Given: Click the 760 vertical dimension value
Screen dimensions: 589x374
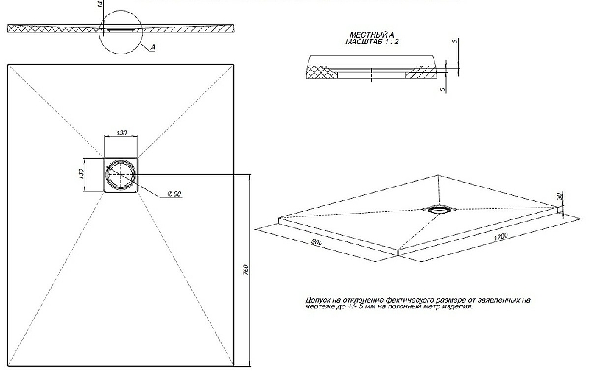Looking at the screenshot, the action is coord(246,269).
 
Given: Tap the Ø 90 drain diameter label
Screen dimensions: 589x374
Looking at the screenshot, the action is coord(174,194).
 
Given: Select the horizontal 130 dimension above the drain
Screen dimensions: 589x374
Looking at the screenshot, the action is coord(121,133).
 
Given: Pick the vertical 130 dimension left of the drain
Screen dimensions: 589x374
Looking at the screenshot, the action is coord(82,174).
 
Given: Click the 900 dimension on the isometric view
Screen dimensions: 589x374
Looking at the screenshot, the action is coord(317,242).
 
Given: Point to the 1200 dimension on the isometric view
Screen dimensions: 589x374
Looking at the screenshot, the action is coord(501,236).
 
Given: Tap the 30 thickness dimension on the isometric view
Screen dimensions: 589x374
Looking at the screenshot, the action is coord(560,196).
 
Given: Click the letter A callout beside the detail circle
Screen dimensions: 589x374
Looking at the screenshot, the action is coord(153,47).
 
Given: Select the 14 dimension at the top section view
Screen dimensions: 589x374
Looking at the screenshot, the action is coord(100,5).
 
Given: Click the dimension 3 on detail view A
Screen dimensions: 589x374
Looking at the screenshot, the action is coord(456,41).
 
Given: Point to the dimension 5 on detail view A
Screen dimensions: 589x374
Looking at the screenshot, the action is coord(443,89).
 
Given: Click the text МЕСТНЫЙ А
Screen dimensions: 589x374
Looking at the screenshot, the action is coord(372,35).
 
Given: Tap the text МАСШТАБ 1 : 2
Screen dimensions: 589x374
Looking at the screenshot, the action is coord(372,42).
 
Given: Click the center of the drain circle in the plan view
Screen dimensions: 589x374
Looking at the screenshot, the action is coord(121,174).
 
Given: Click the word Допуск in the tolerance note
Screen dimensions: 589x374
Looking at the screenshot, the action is coord(317,300).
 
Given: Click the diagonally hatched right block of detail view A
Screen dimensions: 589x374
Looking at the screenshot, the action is coord(420,72).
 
